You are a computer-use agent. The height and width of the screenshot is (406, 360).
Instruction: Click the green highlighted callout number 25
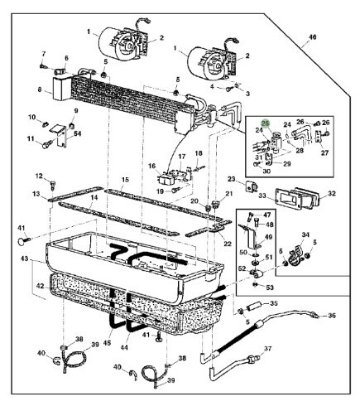click(x=266, y=123)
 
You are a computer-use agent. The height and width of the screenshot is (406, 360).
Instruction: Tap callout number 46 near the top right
click(x=312, y=36)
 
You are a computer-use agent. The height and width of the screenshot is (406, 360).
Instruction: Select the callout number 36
click(x=332, y=315)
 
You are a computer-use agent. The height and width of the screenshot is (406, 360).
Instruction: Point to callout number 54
click(x=78, y=134)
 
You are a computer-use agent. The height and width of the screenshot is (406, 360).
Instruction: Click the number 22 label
click(x=228, y=244)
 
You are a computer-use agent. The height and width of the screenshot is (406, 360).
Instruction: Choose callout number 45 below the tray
click(x=107, y=343)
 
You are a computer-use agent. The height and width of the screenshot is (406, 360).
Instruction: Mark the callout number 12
click(x=39, y=176)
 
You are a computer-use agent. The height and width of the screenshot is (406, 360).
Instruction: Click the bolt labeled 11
click(x=46, y=144)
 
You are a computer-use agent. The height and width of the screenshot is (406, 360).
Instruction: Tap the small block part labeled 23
click(x=251, y=186)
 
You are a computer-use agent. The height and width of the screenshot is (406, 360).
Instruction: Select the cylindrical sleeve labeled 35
click(x=255, y=307)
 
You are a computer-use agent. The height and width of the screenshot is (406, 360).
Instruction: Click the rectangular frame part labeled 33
click(x=286, y=198)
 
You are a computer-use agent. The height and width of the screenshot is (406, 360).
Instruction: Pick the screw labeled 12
click(x=53, y=185)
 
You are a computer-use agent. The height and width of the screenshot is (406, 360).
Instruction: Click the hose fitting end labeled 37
click(x=254, y=359)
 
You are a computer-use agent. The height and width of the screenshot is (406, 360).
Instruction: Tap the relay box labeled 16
click(x=166, y=179)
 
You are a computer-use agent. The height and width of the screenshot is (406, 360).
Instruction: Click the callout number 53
click(x=270, y=288)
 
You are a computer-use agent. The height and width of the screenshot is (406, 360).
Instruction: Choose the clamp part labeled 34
click(x=295, y=253)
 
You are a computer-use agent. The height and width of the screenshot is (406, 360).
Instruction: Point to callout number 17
click(x=181, y=157)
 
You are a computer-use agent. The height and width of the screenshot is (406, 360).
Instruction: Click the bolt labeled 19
click(x=175, y=191)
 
